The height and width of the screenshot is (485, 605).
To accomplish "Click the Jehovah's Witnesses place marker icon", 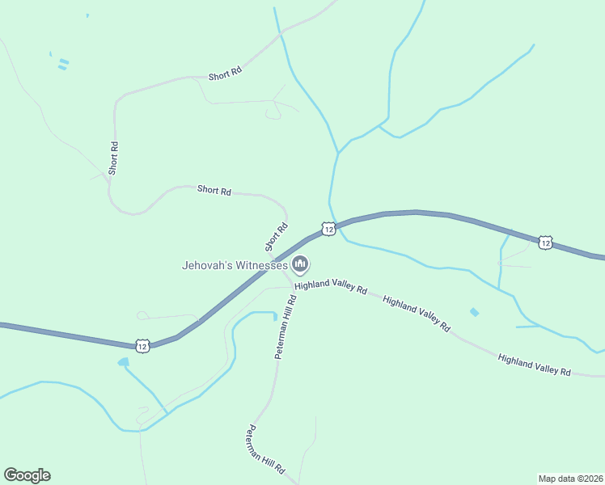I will [300, 264].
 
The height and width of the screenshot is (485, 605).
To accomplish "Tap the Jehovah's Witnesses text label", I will [235, 264].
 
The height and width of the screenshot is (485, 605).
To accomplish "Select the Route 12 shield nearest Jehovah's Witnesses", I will [328, 230].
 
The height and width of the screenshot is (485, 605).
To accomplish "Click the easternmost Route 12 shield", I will [546, 242].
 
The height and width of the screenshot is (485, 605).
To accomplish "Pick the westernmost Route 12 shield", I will [142, 346].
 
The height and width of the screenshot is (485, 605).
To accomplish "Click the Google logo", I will [27, 475].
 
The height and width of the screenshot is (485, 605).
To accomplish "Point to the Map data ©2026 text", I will [570, 478].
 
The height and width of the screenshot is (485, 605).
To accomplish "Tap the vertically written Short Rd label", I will [114, 158].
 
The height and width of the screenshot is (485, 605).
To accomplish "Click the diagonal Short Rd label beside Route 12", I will [277, 237].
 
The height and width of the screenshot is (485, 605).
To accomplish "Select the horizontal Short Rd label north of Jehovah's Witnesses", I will [214, 191].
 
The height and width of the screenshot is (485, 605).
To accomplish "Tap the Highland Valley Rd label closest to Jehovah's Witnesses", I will [331, 287].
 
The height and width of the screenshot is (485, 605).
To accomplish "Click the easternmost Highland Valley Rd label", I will [535, 365].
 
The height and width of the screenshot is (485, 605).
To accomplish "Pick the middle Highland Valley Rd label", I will [416, 314].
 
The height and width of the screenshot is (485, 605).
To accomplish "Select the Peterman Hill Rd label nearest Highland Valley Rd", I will [285, 327].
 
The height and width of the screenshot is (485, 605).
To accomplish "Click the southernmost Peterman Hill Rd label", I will [267, 449].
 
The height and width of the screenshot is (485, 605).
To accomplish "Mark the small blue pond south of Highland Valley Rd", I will [474, 312].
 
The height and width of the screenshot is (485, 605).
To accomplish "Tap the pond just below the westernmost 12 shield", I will [123, 362].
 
